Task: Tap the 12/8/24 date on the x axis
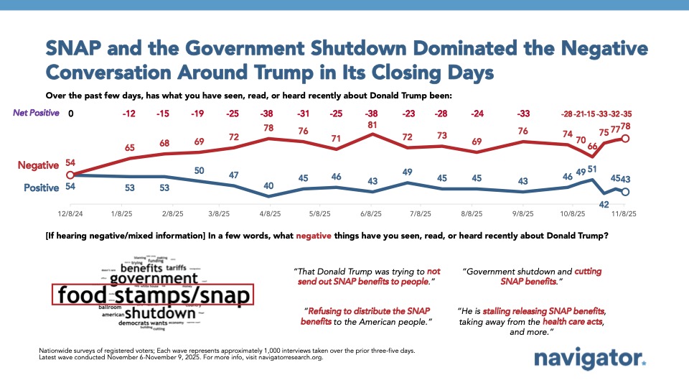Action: [x=70, y=213]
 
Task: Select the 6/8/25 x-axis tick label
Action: [x=370, y=213]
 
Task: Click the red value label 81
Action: [x=372, y=124]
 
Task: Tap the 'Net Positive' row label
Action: [x=36, y=113]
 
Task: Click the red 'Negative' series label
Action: [x=38, y=165]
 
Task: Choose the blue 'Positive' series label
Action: [x=40, y=187]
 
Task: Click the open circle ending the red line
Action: [x=625, y=139]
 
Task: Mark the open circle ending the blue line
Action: [x=625, y=192]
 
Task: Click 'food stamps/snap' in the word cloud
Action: [x=152, y=296]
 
